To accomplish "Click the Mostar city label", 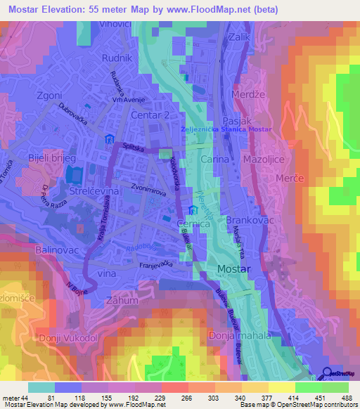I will coord(235,268).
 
